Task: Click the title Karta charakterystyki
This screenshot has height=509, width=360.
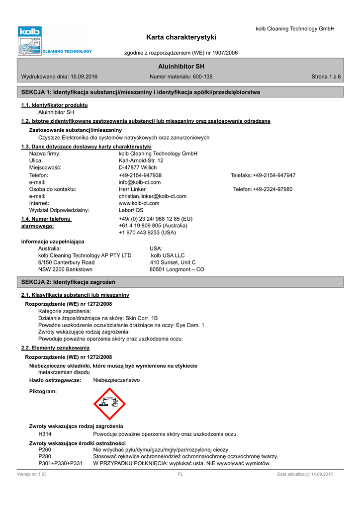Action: click(181, 37)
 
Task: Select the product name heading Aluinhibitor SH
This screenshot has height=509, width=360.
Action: click(181, 66)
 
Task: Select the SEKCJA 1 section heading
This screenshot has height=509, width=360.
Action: click(141, 92)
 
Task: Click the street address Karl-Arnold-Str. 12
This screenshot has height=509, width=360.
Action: click(141, 161)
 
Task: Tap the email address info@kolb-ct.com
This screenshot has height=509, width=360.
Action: click(140, 182)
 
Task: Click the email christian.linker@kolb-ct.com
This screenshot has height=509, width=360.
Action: click(153, 196)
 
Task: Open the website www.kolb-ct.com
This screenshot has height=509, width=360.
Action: click(139, 203)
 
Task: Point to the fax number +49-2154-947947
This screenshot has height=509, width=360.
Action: click(274, 175)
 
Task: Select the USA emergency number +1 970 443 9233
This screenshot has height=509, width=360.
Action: click(147, 233)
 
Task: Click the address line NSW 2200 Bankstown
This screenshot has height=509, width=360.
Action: click(65, 269)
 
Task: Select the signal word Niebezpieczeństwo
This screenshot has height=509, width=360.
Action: click(116, 380)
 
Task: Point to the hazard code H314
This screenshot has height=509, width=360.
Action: click(45, 434)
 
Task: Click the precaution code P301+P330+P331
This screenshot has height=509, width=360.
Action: click(61, 463)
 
